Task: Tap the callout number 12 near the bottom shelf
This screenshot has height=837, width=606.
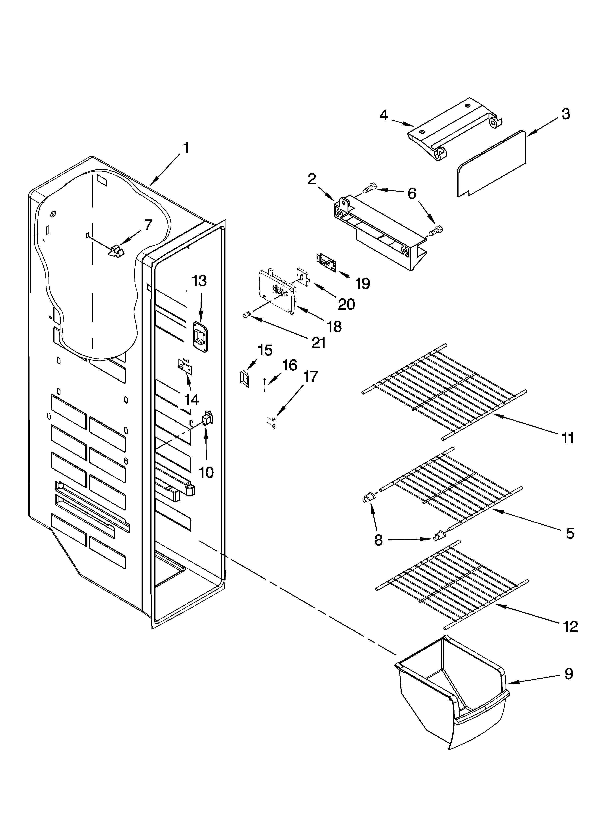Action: click(x=570, y=626)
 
